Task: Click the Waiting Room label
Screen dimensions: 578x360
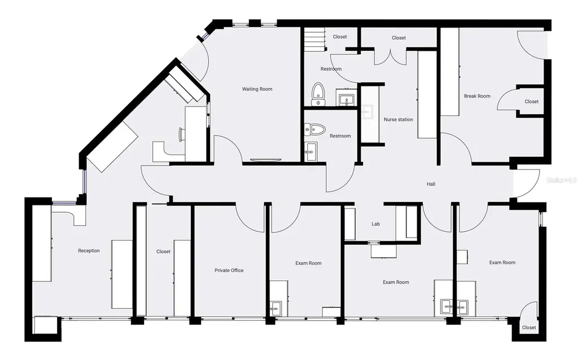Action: pos(257,89)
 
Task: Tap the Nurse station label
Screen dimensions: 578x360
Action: pos(398,120)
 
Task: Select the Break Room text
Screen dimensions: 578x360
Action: pos(477,96)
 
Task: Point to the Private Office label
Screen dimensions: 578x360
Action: pos(229,270)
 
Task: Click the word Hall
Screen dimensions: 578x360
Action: pos(431,184)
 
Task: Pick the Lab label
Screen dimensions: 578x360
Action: pos(375,223)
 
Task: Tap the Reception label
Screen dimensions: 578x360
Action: pos(89,251)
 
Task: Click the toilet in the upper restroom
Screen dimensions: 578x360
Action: pos(318,94)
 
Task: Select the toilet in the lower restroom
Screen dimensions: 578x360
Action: pos(315,129)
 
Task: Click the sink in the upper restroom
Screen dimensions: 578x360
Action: pos(346,99)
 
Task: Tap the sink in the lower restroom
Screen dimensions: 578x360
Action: pos(310,151)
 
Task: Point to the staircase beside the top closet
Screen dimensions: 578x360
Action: pos(314,39)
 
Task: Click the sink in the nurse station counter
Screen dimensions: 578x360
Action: pos(367,111)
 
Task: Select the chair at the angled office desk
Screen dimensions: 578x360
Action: pos(181,134)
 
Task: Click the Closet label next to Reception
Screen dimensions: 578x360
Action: pos(163,251)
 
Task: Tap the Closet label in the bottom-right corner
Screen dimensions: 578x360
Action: pos(528,327)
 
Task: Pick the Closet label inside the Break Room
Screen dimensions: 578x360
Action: pos(532,102)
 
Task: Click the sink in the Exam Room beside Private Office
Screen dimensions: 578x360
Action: pos(275,308)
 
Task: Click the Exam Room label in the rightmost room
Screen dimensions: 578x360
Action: pos(502,262)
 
